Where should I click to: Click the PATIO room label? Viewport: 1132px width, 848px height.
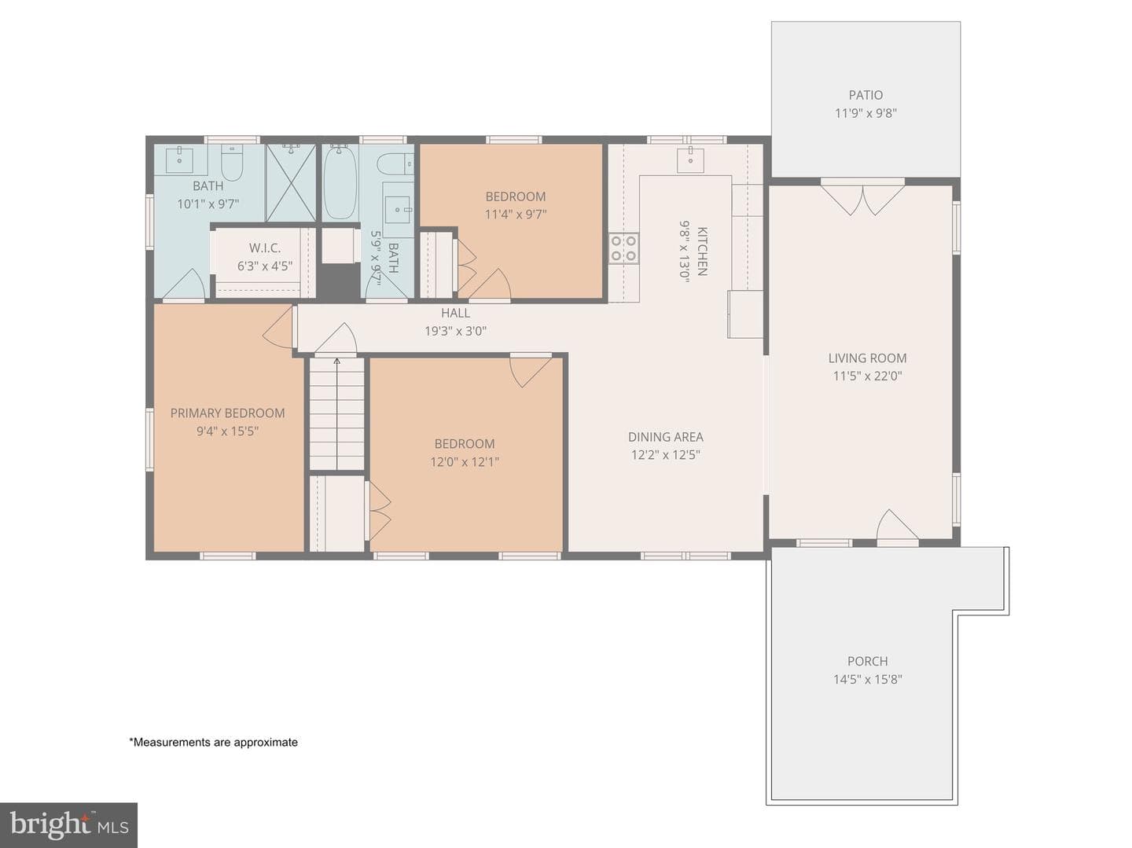point(866,95)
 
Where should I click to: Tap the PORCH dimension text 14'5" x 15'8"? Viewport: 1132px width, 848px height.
point(867,680)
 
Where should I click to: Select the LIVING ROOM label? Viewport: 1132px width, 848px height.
point(867,358)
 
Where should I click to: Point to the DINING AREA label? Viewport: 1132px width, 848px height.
point(665,437)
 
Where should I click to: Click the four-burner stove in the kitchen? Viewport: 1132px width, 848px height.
point(623,248)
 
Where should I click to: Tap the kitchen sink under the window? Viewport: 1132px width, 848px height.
point(690,159)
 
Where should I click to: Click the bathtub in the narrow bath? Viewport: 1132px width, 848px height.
point(340,182)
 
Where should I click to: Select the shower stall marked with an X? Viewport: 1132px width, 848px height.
point(290,183)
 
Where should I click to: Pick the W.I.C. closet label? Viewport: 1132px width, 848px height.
point(265,248)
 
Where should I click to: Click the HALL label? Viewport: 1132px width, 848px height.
point(455,313)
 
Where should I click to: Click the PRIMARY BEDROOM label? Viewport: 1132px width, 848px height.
point(227,413)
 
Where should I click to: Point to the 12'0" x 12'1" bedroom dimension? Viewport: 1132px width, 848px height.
point(465,462)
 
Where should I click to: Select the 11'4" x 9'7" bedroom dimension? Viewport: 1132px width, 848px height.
point(515,215)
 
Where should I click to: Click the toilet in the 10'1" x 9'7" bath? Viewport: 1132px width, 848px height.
point(232,163)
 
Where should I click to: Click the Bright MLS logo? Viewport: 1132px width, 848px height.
point(68,824)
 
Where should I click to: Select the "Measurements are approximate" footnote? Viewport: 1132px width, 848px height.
point(214,743)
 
